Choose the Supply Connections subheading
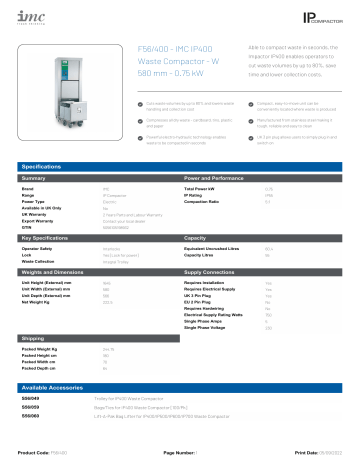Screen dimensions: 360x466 pos(215,271)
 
